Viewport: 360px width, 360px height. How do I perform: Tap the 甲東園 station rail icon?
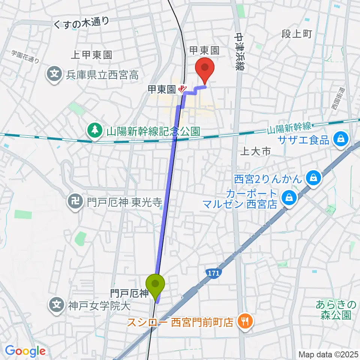coord(183,89)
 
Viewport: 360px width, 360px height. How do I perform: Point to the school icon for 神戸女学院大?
coord(57,305)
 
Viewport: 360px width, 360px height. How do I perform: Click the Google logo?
coord(25,351)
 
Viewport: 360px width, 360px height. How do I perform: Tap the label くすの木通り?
coord(81,23)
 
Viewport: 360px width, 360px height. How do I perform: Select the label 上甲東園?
coord(91,55)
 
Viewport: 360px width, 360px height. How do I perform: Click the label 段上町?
coord(296,35)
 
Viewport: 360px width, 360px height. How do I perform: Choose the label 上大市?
coord(255,151)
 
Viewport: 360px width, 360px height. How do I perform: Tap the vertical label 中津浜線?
coord(239,50)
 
